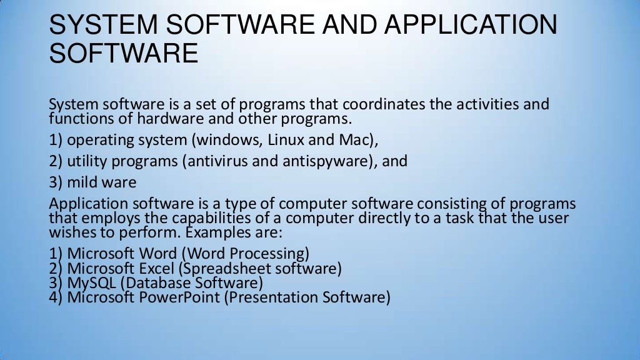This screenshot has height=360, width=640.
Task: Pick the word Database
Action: [159, 284]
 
